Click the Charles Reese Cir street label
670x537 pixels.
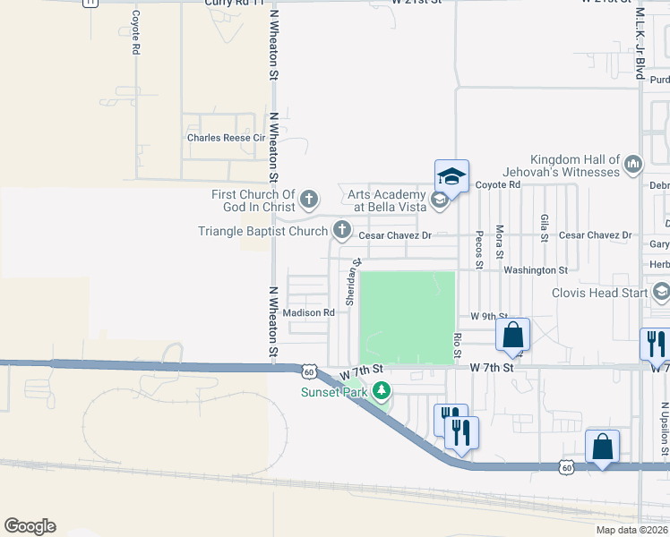click(x=227, y=138)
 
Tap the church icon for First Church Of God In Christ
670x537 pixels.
click(x=309, y=198)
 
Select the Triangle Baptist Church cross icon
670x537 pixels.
click(x=341, y=231)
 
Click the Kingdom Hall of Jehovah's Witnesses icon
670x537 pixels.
click(x=634, y=163)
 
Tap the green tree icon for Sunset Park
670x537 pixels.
click(x=382, y=390)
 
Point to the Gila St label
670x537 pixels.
click(x=544, y=229)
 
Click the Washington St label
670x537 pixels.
click(x=536, y=269)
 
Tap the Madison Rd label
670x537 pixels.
click(x=308, y=313)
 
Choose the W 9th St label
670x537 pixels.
click(x=489, y=317)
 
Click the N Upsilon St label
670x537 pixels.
click(x=664, y=428)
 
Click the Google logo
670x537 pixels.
click(x=30, y=526)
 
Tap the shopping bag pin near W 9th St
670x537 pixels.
click(x=512, y=336)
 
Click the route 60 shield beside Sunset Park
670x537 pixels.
click(x=308, y=371)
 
